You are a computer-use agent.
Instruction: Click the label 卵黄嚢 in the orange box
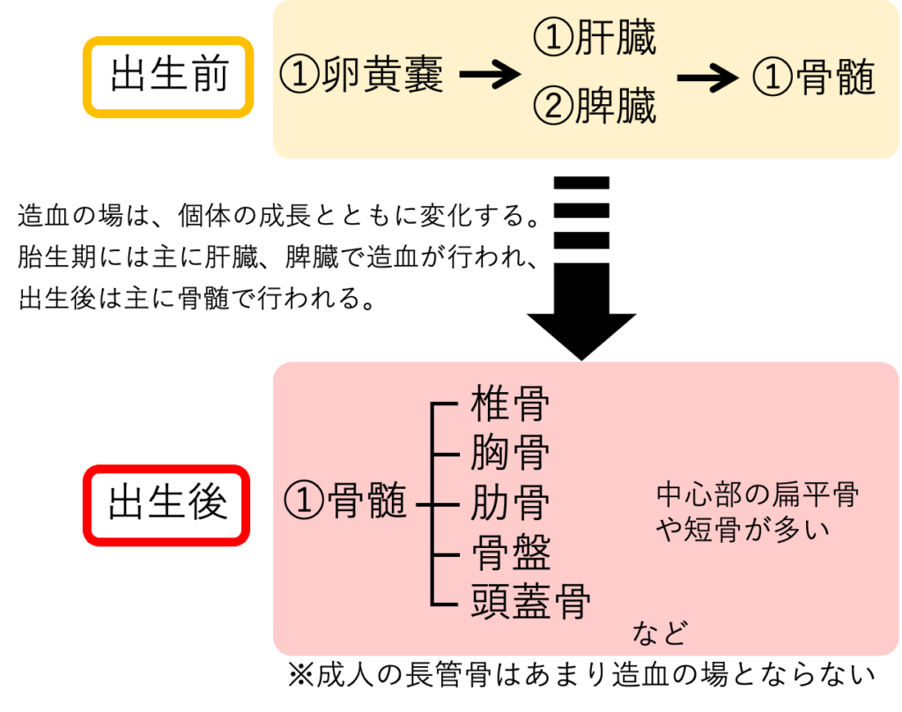click(x=382, y=76)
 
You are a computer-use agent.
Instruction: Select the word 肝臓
click(x=616, y=39)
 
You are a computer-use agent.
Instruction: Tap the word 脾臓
click(x=616, y=108)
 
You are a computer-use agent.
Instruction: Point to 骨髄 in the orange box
click(x=834, y=78)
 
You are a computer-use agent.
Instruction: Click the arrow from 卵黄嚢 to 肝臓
click(x=490, y=76)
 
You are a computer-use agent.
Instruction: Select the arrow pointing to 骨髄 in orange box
click(x=707, y=78)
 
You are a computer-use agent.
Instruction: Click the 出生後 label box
click(x=166, y=505)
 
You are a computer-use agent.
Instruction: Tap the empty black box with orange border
click(x=167, y=77)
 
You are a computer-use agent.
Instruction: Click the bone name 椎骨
click(x=510, y=404)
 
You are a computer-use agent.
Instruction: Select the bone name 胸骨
click(x=510, y=455)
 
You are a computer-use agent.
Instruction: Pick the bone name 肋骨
click(x=510, y=504)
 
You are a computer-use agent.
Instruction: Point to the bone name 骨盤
click(x=511, y=554)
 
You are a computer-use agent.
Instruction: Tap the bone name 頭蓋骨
click(x=530, y=604)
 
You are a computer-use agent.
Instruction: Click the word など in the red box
click(x=660, y=633)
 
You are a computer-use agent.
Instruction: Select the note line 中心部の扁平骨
click(x=758, y=495)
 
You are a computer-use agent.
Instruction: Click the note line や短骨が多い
click(x=743, y=530)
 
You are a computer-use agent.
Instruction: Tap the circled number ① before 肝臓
click(x=553, y=39)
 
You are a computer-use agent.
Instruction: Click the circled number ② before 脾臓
click(x=553, y=108)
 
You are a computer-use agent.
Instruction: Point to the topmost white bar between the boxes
click(x=581, y=196)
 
